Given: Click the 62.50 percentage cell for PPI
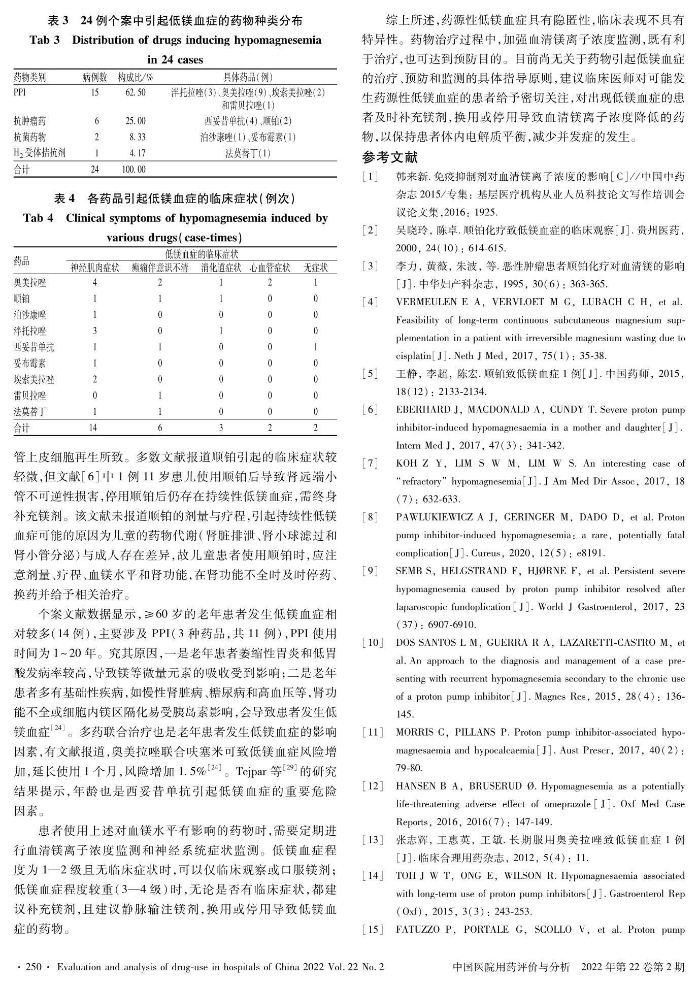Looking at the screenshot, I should (x=135, y=92).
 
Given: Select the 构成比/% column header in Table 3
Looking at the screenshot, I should (x=136, y=77).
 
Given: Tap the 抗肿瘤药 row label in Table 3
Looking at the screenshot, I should (x=30, y=121).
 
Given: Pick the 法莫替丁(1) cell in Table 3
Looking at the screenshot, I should (x=248, y=153).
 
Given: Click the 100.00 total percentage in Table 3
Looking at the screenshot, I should (x=134, y=170).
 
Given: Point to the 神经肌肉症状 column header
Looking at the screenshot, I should (x=95, y=268).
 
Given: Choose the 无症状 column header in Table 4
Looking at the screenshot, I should (x=315, y=268).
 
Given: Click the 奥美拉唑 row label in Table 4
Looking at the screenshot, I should (x=30, y=283).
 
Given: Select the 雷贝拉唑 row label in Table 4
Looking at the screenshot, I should (x=30, y=396).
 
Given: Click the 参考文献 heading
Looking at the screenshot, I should (x=390, y=158).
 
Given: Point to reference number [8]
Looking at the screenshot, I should (x=371, y=517).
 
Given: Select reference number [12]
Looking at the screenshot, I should (x=373, y=786).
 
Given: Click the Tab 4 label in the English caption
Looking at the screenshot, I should (x=38, y=218).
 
